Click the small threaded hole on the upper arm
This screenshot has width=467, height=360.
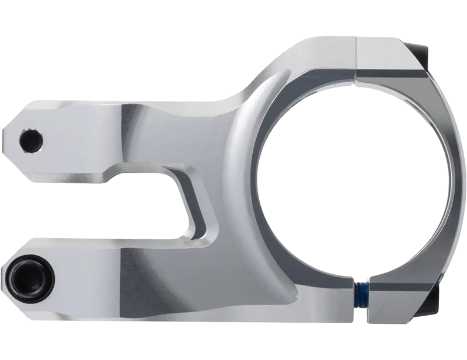point(30,140)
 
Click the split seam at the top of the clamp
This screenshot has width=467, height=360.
point(357,58)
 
